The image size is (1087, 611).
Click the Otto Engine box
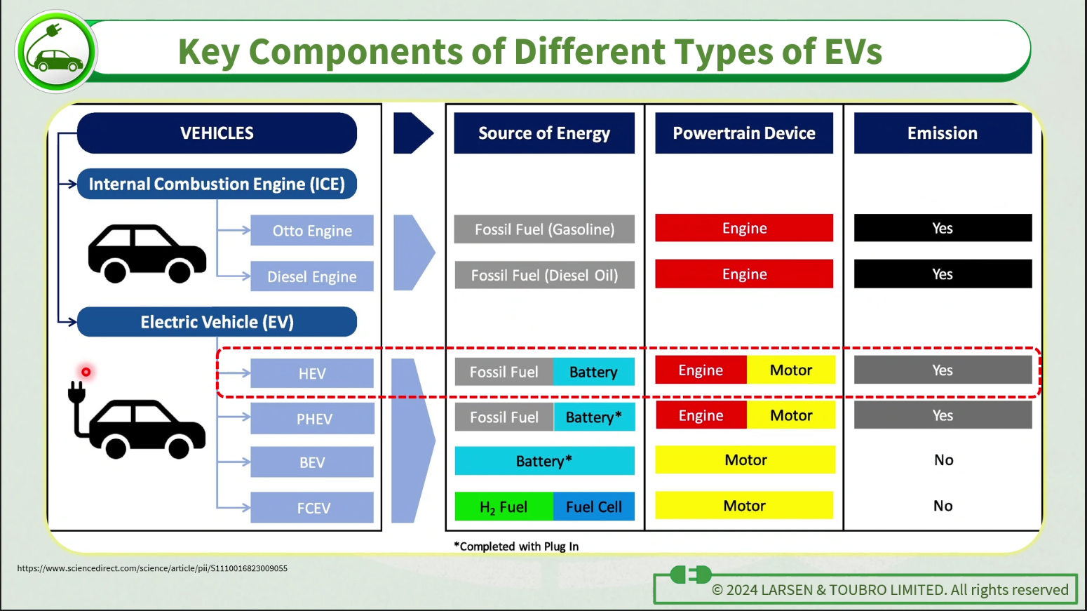[312, 230]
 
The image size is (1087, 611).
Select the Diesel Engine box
[312, 276]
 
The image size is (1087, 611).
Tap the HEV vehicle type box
[312, 373]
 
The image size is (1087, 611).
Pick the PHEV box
[313, 418]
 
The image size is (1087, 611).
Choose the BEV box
[312, 462]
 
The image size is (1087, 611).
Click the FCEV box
[312, 508]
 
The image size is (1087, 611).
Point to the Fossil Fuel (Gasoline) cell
[544, 229]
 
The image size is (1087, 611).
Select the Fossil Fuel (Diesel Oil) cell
[544, 275]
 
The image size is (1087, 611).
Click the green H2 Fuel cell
[504, 506]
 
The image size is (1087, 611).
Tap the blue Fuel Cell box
[594, 506]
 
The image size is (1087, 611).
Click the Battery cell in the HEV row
[594, 372]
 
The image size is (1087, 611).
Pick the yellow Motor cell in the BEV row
[745, 459]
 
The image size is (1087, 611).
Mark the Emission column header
[943, 133]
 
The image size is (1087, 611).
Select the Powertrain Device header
[744, 133]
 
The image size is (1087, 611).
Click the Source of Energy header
[544, 133]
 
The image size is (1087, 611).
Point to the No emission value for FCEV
[943, 506]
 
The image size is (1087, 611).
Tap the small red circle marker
[86, 372]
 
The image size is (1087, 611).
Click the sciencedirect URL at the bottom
[152, 568]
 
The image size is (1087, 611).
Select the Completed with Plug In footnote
[516, 546]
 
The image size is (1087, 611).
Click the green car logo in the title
[56, 51]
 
